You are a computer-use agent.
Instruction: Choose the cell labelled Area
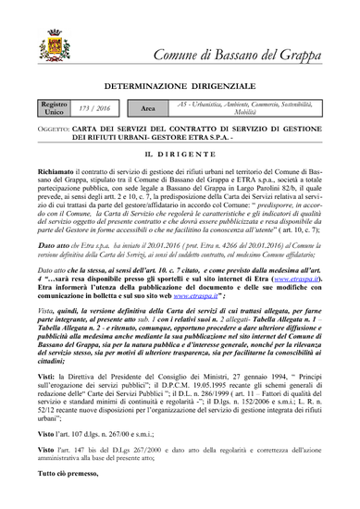148,108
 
